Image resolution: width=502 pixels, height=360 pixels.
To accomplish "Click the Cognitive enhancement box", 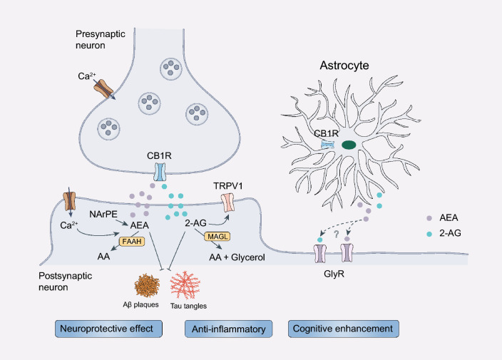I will coord(343,329).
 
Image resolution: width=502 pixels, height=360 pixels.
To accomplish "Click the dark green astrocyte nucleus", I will coord(349,145).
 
